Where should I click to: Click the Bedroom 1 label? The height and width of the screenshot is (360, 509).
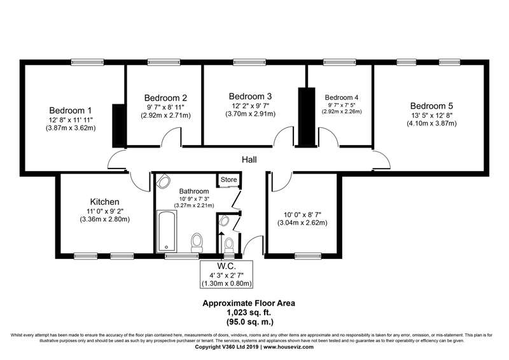click(x=71, y=110)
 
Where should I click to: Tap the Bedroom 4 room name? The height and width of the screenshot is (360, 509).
click(x=342, y=97)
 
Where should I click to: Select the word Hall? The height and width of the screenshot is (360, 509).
click(x=249, y=160)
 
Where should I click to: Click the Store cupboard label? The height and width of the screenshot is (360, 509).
click(x=229, y=179)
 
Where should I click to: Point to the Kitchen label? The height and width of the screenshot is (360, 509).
click(x=104, y=202)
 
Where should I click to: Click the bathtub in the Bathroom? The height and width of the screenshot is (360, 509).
click(x=167, y=231)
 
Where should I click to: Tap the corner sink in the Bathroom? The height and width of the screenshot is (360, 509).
click(x=163, y=181)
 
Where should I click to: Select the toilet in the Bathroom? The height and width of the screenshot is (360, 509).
click(x=197, y=242)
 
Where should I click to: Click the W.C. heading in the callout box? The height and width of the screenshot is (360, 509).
click(x=227, y=267)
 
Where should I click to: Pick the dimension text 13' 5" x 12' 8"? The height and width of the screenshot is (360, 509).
click(x=431, y=115)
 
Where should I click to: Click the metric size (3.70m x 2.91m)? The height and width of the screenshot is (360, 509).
click(x=250, y=114)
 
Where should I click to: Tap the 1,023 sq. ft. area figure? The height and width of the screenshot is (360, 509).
click(x=249, y=312)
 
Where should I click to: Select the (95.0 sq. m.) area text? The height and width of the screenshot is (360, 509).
click(x=249, y=322)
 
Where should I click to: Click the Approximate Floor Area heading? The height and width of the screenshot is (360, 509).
click(x=249, y=303)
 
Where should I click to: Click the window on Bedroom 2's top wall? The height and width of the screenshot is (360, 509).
click(x=164, y=62)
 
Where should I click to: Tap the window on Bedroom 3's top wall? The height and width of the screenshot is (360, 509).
click(x=249, y=62)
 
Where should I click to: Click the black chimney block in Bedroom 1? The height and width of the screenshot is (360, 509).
click(x=119, y=126)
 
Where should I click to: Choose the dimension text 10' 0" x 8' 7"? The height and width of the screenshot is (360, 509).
click(x=302, y=214)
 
